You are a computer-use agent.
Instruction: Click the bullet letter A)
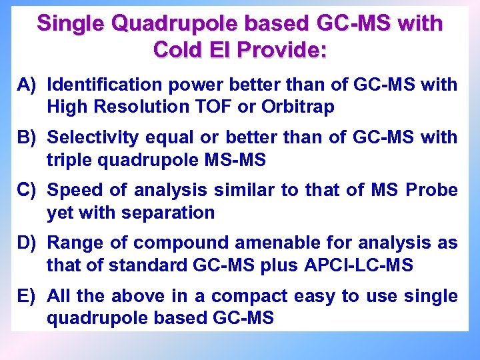pyautogui.click(x=30, y=85)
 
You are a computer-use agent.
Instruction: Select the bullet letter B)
pyautogui.click(x=30, y=137)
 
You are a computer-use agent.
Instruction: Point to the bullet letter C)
pyautogui.click(x=30, y=190)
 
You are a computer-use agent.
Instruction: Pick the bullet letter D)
pyautogui.click(x=30, y=243)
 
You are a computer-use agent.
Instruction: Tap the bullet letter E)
pyautogui.click(x=30, y=295)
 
